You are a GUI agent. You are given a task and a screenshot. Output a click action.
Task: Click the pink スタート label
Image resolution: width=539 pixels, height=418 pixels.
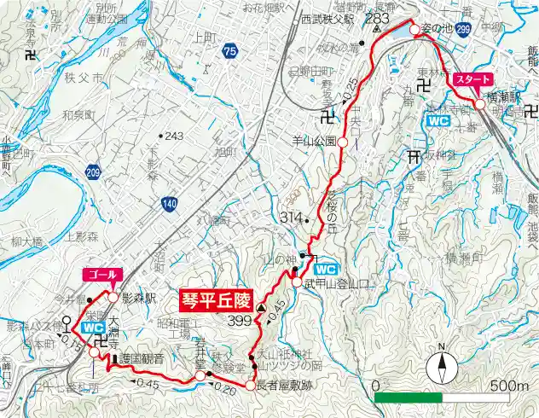click(x=472, y=78)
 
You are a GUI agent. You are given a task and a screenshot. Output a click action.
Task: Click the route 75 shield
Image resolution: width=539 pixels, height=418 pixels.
click(x=229, y=52)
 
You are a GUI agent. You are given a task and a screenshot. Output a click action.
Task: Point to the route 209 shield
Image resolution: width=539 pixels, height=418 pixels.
click(x=93, y=173)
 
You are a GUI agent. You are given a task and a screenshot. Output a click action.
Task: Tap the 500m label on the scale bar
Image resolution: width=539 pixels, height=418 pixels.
click(x=509, y=386)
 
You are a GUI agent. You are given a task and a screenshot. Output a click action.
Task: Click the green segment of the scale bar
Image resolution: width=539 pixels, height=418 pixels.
click(x=408, y=398)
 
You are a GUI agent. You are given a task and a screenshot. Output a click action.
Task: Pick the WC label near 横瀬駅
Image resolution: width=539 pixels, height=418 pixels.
click(x=438, y=121)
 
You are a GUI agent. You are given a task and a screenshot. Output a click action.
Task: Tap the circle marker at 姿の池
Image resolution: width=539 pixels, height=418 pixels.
click(x=414, y=30)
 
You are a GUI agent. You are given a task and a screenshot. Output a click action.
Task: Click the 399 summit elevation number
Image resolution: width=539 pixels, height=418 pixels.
click(x=241, y=322)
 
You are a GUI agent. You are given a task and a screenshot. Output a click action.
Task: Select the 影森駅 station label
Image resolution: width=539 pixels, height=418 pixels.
click(x=139, y=299)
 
